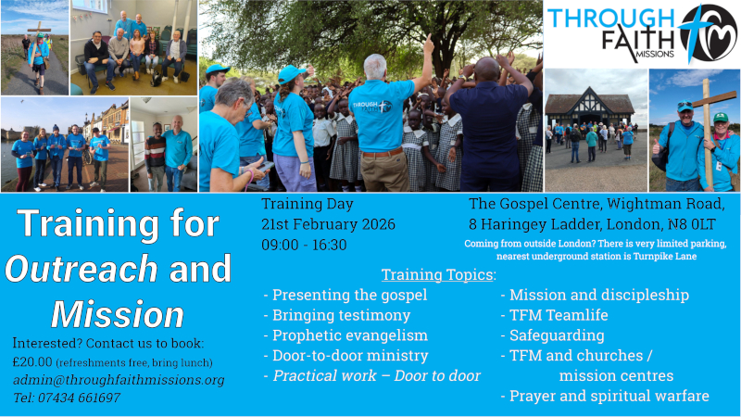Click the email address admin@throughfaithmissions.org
click(x=119, y=380)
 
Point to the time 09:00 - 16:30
click(x=304, y=245)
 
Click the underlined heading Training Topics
click(x=437, y=274)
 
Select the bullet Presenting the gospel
click(x=345, y=296)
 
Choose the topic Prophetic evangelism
click(x=345, y=335)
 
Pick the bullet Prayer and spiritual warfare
click(x=605, y=396)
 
